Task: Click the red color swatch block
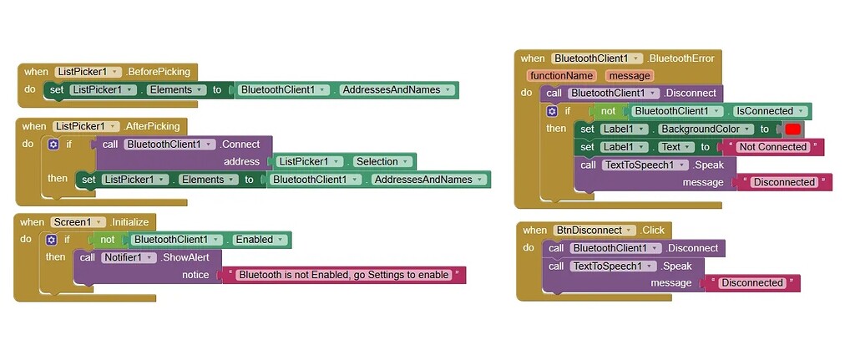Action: click(792, 129)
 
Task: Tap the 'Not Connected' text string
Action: click(772, 147)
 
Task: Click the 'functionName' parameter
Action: click(561, 76)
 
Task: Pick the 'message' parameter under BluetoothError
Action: click(628, 76)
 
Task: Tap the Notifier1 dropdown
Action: click(129, 257)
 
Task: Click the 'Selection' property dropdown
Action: click(380, 162)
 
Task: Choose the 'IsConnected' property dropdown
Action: click(770, 111)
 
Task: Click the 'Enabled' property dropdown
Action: click(259, 240)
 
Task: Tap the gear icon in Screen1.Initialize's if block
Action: click(53, 240)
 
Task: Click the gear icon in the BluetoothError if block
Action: click(551, 111)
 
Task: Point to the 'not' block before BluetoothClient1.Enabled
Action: click(107, 240)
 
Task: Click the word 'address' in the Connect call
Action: click(241, 162)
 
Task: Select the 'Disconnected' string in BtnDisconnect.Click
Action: click(751, 283)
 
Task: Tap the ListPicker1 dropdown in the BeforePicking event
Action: click(89, 72)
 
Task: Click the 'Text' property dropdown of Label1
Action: click(676, 147)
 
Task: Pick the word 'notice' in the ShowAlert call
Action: click(195, 275)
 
